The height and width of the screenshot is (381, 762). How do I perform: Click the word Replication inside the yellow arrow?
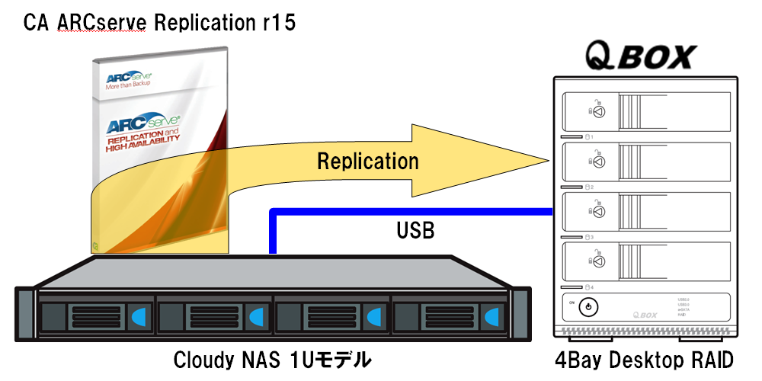[368, 161]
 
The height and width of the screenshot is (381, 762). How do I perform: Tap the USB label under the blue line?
[415, 230]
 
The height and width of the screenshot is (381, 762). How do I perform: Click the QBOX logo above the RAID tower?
[640, 56]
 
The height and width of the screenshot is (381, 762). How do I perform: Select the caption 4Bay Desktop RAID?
[645, 359]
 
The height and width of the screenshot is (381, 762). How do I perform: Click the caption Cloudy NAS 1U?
[272, 359]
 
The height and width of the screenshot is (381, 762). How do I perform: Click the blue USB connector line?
[411, 211]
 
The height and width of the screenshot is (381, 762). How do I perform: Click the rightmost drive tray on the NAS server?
[450, 314]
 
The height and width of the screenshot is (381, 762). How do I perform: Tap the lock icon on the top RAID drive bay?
[597, 110]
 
